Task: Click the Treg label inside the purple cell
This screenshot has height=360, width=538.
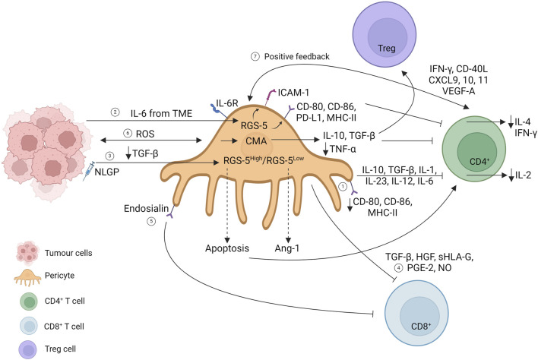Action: point(387,49)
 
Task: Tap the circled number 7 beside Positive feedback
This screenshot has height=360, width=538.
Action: point(255,56)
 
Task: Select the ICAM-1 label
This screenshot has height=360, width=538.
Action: point(293,92)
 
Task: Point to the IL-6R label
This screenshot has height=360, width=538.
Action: point(226,103)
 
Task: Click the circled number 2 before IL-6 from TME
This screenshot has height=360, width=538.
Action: point(116,112)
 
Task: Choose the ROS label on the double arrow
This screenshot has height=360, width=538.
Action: point(145,134)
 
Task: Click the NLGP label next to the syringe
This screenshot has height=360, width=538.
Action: point(106,172)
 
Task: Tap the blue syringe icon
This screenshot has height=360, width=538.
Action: point(88,172)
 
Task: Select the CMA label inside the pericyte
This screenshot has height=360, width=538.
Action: point(256,141)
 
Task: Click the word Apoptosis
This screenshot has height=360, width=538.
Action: point(227,248)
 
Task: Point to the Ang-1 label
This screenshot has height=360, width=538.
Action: point(287,248)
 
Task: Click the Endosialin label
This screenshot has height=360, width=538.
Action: point(146,208)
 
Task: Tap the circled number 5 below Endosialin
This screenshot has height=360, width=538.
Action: point(151,221)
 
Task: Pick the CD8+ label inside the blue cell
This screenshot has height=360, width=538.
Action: point(421,326)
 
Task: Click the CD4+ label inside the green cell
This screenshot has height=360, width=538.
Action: point(479,161)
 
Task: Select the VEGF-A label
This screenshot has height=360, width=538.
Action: point(459,91)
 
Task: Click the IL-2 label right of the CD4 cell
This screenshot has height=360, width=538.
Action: point(523,175)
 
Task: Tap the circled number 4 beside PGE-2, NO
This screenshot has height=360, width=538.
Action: point(398,268)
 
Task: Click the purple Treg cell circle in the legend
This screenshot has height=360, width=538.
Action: point(28,349)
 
